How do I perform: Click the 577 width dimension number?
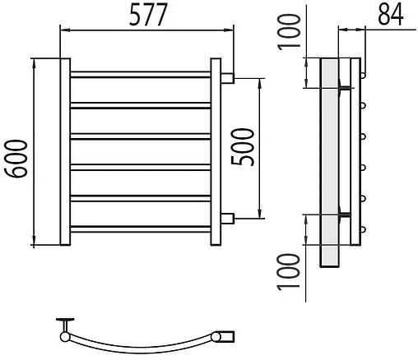point(148,15)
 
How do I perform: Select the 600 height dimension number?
point(16,159)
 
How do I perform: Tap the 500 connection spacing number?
point(243,147)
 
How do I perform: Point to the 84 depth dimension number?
point(391,15)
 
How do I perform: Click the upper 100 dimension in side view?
point(289,32)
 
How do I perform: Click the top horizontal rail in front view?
point(141,75)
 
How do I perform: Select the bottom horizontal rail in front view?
point(141,229)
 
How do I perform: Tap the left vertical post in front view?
point(65,151)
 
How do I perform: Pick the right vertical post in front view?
point(216,151)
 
